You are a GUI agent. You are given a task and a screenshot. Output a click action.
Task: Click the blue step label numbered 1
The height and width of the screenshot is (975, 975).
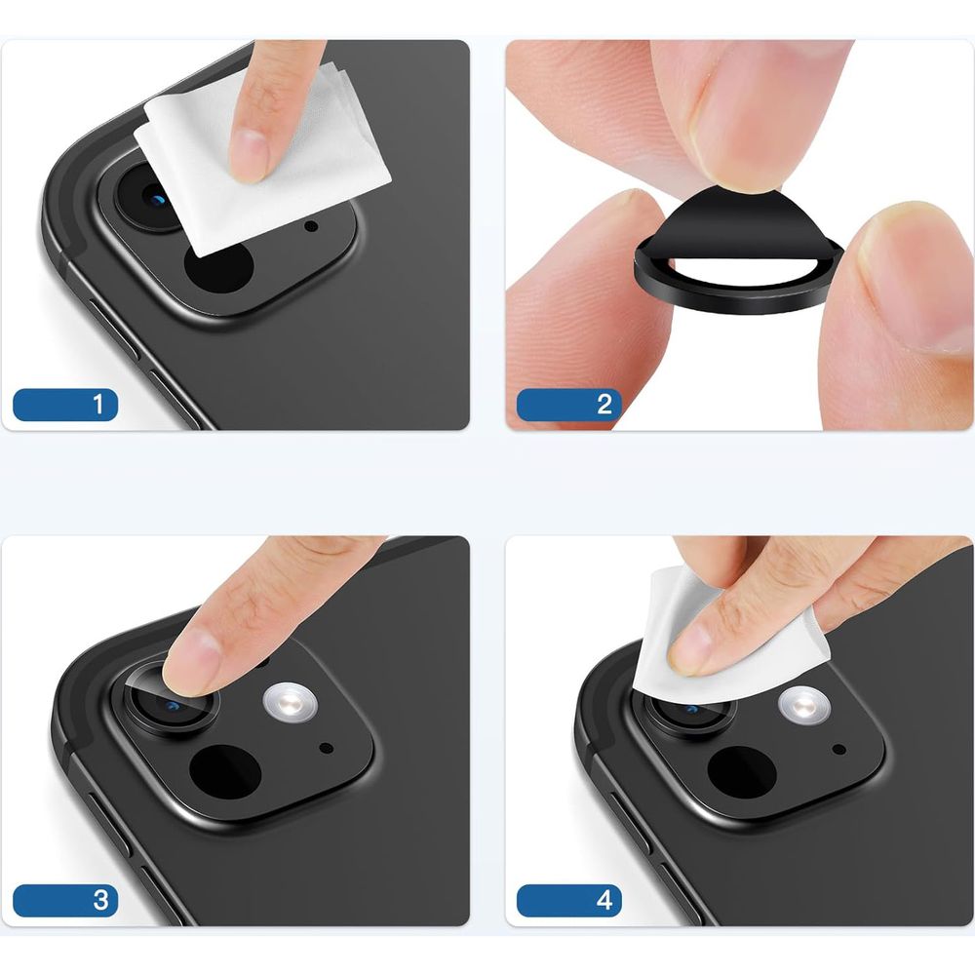pos(65,405)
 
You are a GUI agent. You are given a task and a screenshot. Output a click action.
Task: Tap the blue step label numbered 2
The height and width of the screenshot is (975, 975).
pos(569,405)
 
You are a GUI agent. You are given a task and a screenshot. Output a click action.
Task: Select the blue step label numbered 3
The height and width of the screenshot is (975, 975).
pos(65,900)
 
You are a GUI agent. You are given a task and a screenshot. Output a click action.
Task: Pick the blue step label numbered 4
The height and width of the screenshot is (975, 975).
pos(569,900)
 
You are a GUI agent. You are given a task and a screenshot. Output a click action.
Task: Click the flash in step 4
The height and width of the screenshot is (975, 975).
pos(804,706)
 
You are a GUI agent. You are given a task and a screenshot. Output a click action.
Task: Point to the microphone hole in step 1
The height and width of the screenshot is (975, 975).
pos(311,226)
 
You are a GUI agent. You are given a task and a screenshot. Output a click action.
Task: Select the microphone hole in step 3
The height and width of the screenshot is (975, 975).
pos(326,748)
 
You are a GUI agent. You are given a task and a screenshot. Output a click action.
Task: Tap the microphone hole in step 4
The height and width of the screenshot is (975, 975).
pos(838,749)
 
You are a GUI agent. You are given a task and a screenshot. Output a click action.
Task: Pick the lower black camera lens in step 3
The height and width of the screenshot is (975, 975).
pos(225,771)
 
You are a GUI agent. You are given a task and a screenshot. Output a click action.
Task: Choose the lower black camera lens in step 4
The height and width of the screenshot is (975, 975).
pos(742,772)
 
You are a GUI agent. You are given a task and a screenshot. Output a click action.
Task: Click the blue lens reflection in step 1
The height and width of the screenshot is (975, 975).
pos(159,200)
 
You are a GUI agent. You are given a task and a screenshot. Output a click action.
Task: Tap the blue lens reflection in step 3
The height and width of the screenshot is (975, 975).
pos(173,706)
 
